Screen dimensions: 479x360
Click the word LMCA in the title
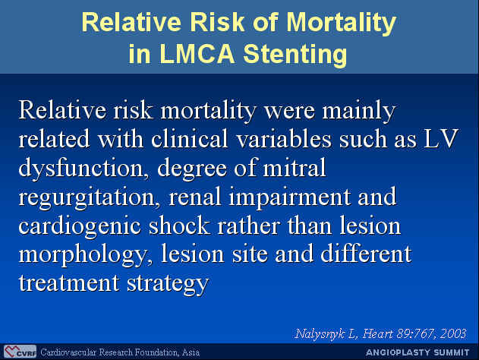point(197,53)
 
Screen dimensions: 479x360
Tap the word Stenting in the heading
point(295,55)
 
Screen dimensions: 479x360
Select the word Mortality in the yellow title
point(341,24)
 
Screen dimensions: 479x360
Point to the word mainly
point(359,111)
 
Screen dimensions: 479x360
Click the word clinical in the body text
point(190,138)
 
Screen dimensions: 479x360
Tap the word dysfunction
point(81,169)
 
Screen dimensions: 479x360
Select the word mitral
point(295,168)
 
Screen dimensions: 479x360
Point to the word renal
point(194,197)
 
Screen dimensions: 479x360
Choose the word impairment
point(289,197)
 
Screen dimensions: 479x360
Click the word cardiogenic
point(80,226)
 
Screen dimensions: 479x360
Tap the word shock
point(179,226)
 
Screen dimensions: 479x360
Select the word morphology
point(81,255)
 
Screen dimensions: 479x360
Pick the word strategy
point(168,284)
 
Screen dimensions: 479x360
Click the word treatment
point(69,283)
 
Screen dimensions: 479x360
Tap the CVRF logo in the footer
point(20,352)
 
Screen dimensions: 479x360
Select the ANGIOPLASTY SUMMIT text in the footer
point(417,352)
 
